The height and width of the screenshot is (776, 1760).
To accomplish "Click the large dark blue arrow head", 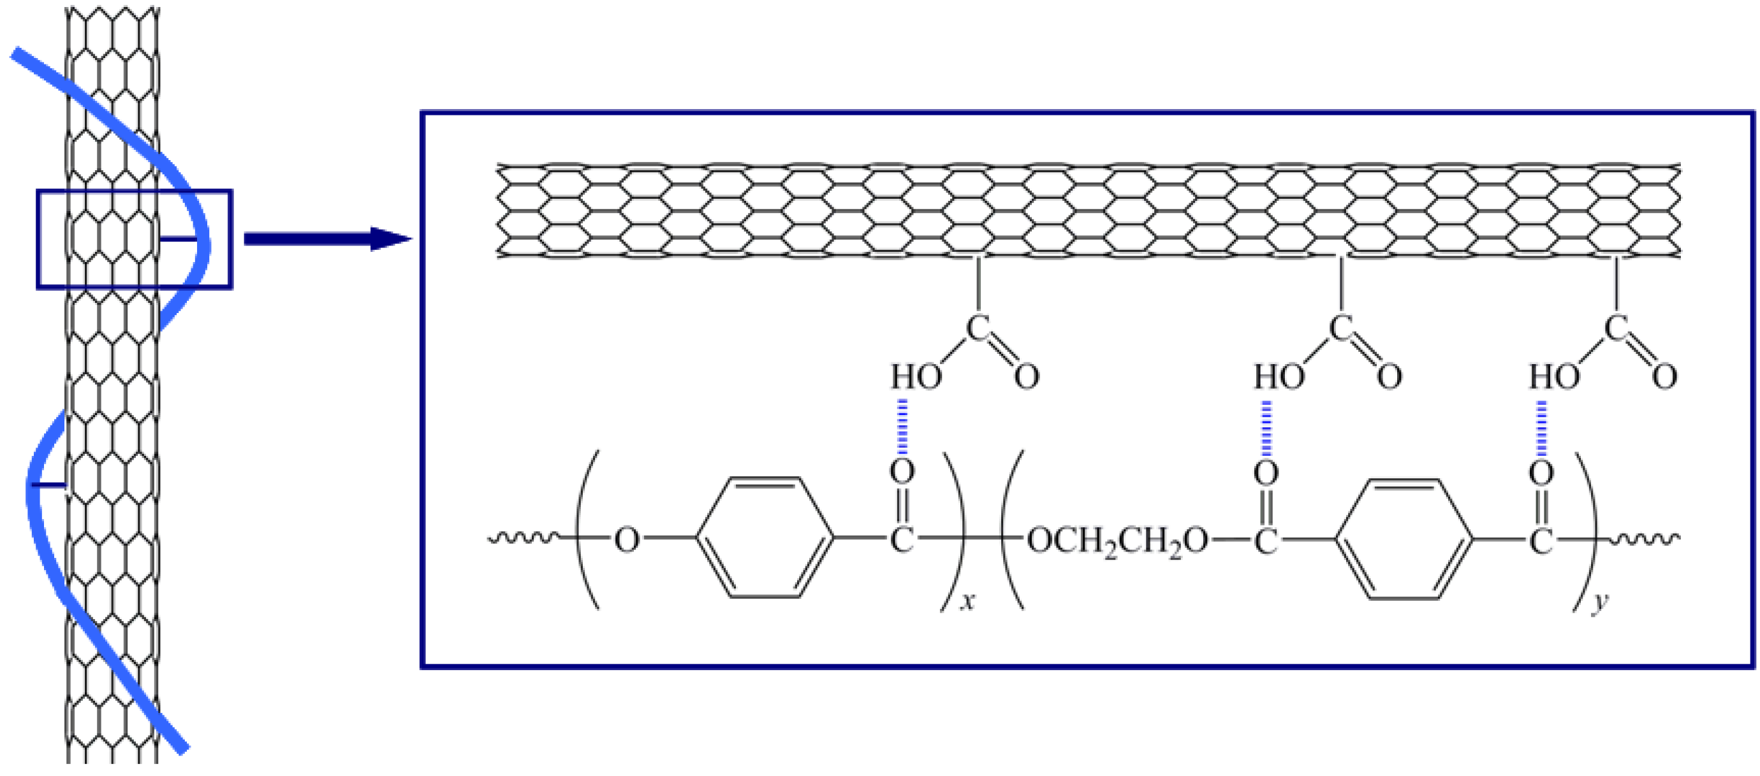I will [390, 238].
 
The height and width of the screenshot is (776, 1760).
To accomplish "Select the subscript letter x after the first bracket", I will [967, 602].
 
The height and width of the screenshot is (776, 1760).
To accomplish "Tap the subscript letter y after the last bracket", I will [1600, 603].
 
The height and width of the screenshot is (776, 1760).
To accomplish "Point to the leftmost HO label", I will [916, 376].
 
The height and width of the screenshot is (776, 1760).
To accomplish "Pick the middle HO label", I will [1279, 376].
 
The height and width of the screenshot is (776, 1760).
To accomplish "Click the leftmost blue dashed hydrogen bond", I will [902, 427].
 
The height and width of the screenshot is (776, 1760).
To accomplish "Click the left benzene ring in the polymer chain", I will [765, 538].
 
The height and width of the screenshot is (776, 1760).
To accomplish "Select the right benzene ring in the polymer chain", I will [1404, 539].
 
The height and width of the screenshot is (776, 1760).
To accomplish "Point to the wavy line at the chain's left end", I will [523, 539].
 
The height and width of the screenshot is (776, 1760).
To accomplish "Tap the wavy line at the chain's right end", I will [1645, 539].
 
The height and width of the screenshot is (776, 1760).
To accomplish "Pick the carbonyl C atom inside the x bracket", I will [902, 539].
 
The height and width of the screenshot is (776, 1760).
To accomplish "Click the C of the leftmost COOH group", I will [977, 328].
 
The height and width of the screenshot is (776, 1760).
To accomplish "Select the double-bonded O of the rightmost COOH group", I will [1664, 376].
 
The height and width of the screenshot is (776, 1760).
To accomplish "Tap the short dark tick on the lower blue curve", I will [49, 485].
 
